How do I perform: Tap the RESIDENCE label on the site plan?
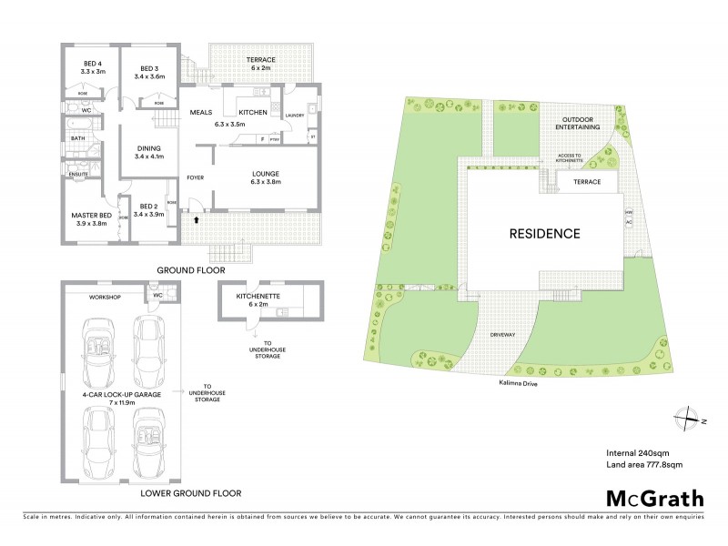(544, 233)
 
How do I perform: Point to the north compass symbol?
(682, 419)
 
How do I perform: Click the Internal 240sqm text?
(638, 452)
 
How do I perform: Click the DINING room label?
(148, 152)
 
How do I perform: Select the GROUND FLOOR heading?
(190, 270)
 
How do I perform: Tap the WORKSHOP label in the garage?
(106, 298)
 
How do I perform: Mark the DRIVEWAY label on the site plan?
(502, 335)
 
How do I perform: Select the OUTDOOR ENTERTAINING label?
(579, 124)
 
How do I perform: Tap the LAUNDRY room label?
(294, 116)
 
